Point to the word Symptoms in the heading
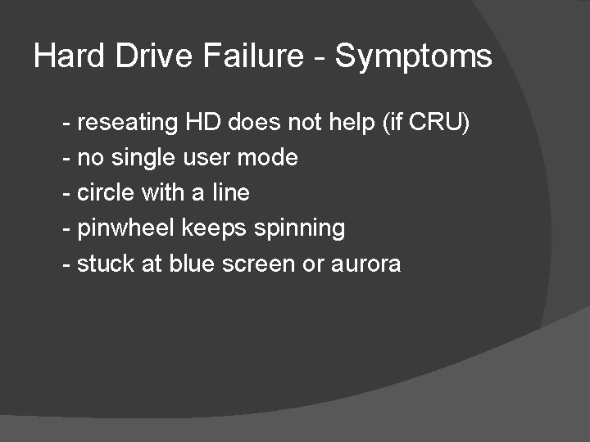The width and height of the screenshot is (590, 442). tap(414, 57)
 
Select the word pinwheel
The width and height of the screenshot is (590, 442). tap(126, 228)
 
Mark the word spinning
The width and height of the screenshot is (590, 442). tap(299, 228)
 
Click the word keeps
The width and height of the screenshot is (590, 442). tap(214, 228)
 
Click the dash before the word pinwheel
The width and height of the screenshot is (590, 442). tap(66, 228)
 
